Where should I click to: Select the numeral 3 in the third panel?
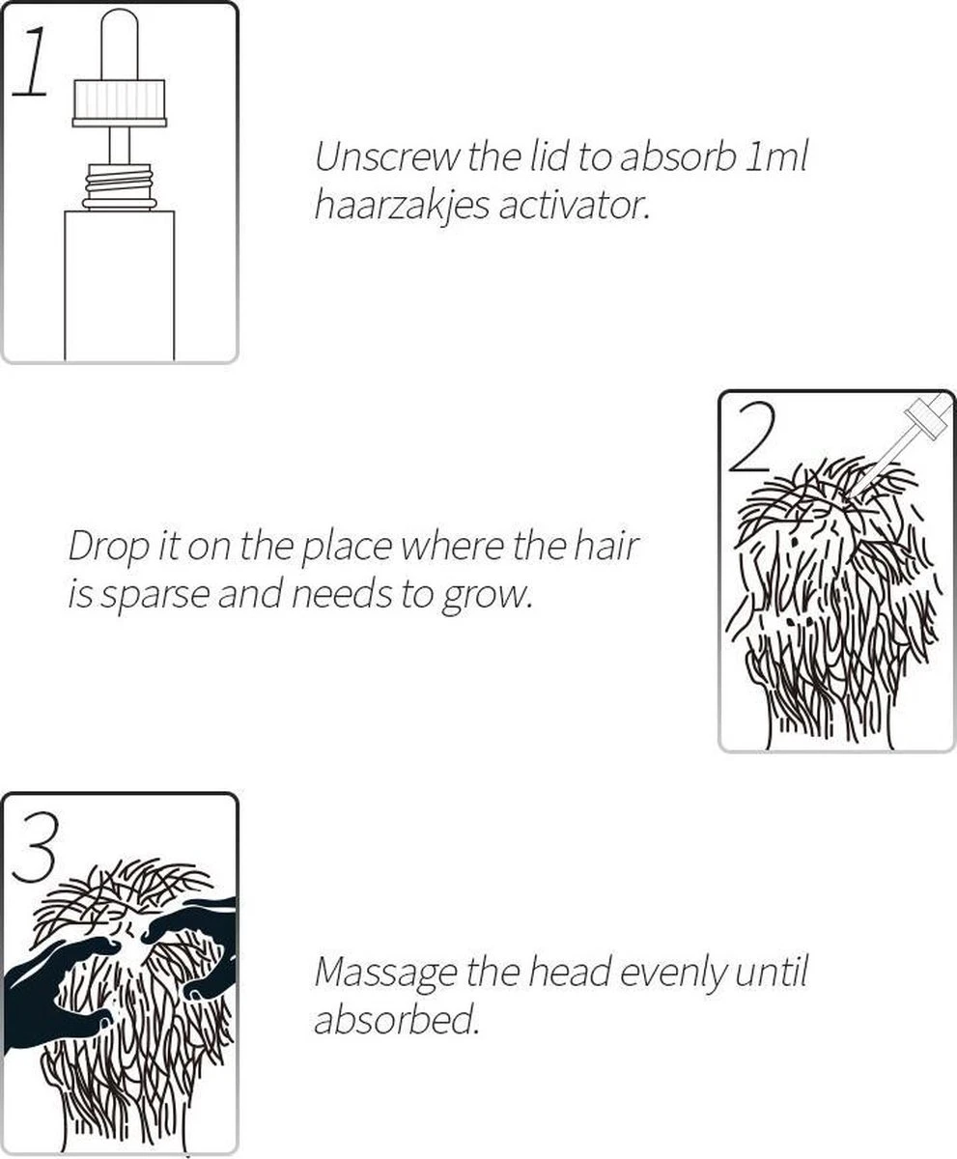pyautogui.click(x=35, y=848)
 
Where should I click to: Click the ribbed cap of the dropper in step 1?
pyautogui.click(x=120, y=102)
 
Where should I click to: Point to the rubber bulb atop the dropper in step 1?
pyautogui.click(x=120, y=44)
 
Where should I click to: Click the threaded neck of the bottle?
pyautogui.click(x=118, y=186)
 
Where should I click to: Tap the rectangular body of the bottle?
pyautogui.click(x=120, y=285)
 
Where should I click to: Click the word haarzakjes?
pyautogui.click(x=402, y=207)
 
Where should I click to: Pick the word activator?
pyautogui.click(x=574, y=207)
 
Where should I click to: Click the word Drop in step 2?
pyautogui.click(x=109, y=548)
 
